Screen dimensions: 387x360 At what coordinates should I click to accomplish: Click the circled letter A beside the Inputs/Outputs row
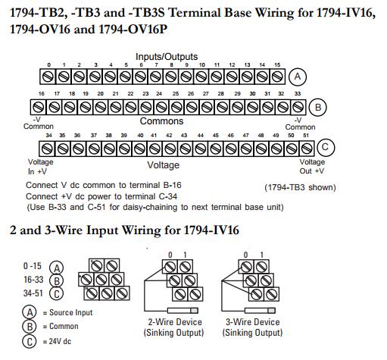(298, 77)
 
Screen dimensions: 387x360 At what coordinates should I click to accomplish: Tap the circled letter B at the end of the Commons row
(318, 107)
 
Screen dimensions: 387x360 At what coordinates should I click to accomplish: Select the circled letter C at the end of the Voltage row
(326, 147)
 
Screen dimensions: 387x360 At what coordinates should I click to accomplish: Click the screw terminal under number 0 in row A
(48, 77)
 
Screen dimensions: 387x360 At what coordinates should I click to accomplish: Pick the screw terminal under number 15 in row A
(277, 77)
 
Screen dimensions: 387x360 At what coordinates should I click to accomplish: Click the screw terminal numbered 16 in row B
(38, 107)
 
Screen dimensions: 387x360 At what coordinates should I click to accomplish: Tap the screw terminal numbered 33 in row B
(298, 107)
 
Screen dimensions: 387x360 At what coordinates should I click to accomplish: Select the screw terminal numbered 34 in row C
(47, 149)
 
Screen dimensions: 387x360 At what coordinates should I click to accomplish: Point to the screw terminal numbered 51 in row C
(307, 149)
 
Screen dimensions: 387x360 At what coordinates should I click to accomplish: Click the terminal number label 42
(169, 136)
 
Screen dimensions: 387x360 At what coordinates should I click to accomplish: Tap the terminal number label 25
(176, 94)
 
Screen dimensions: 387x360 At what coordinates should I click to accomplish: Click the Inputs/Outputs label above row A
(167, 57)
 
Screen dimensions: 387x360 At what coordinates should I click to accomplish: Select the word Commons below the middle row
(161, 121)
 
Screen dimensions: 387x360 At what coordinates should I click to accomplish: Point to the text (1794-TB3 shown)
(300, 187)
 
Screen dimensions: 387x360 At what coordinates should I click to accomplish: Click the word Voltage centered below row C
(164, 165)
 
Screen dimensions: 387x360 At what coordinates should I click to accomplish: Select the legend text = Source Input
(67, 312)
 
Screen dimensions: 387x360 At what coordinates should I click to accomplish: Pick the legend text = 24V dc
(57, 341)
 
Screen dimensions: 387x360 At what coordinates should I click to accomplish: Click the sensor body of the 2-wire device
(183, 311)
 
